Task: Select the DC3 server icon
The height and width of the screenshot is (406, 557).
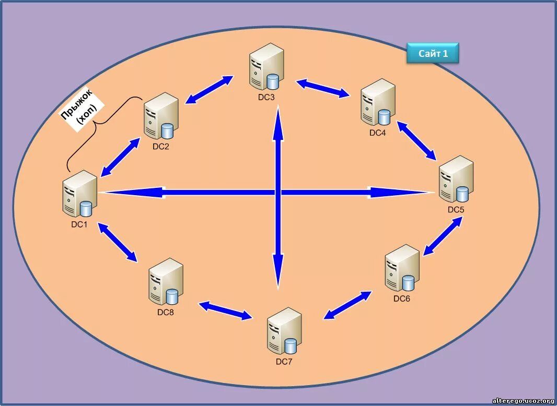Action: click(x=266, y=67)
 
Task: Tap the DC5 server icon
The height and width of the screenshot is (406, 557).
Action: click(x=456, y=179)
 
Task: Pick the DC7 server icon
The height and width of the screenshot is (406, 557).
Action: click(x=284, y=331)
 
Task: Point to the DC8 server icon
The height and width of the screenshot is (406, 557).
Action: click(x=166, y=282)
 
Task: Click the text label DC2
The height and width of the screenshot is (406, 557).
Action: click(x=161, y=146)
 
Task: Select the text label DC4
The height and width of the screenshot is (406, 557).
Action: click(x=377, y=133)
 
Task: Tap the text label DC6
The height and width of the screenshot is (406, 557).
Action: click(x=402, y=298)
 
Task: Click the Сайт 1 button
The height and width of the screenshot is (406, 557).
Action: click(x=433, y=53)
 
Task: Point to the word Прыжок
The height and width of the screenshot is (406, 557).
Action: click(x=77, y=105)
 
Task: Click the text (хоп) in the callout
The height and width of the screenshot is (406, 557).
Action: click(x=87, y=115)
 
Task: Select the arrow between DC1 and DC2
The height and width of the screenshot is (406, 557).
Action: click(x=120, y=157)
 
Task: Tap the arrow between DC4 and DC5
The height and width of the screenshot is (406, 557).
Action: click(x=416, y=140)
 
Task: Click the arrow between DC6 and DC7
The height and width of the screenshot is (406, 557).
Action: click(x=348, y=305)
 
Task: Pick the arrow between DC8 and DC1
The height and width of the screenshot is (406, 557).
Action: click(x=118, y=242)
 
